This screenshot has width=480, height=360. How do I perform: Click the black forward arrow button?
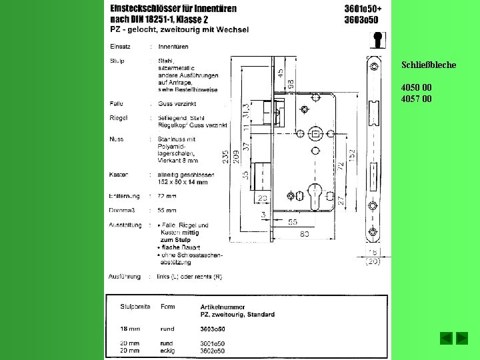click(461, 338)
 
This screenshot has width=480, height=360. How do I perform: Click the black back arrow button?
click(446, 338)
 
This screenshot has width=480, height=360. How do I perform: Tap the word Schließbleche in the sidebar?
click(429, 65)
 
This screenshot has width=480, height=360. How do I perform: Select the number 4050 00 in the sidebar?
click(416, 87)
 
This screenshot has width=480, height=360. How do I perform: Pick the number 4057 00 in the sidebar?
click(416, 99)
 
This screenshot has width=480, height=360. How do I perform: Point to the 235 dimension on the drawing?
click(226, 156)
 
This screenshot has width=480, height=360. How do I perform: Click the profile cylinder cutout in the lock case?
click(315, 198)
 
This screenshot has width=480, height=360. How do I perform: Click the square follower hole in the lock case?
click(315, 133)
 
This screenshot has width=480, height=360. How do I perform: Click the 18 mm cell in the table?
click(129, 329)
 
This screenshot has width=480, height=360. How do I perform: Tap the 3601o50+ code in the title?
click(363, 9)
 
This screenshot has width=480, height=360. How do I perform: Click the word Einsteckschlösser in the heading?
click(145, 9)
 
